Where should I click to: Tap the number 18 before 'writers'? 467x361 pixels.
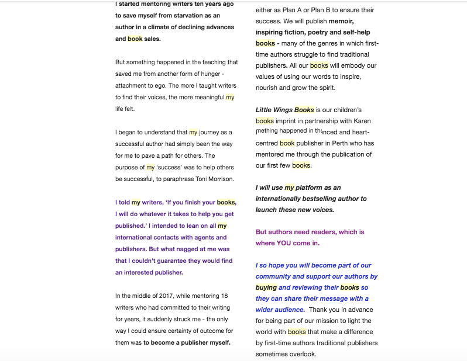(x=224, y=296)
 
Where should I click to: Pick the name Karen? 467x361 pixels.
(x=362, y=121)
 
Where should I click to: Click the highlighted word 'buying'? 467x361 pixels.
(x=266, y=287)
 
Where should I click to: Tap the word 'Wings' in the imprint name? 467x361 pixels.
(x=281, y=110)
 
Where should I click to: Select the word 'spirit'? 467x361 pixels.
(x=325, y=88)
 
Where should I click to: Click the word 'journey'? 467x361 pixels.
(x=210, y=133)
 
